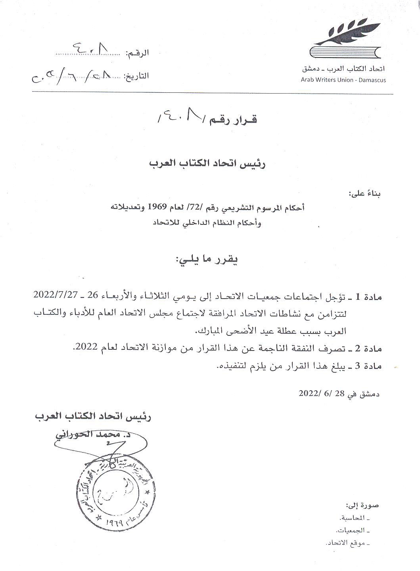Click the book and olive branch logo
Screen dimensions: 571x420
(x=345, y=39)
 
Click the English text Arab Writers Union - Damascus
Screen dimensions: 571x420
(x=343, y=80)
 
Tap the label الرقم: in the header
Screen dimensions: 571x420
(x=137, y=53)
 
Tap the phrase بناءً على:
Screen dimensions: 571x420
(x=364, y=194)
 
